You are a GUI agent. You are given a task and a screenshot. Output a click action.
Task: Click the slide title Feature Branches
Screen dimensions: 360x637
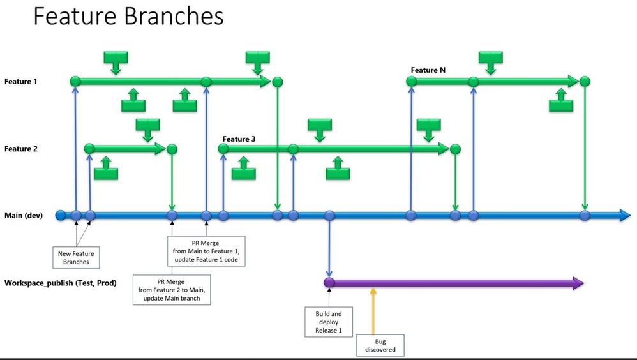coord(128,16)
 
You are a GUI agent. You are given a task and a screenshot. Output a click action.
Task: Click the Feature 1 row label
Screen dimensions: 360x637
coord(21,82)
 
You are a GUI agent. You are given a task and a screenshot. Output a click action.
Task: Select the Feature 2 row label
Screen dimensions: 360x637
coord(21,149)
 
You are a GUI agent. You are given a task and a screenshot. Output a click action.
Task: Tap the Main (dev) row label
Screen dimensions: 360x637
coord(24,215)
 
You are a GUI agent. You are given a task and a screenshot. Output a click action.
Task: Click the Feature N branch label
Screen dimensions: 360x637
coord(428,70)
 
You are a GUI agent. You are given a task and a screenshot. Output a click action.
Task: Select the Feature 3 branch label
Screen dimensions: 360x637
coord(239,139)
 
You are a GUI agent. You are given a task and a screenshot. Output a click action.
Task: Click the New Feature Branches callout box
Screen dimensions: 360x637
coord(77,257)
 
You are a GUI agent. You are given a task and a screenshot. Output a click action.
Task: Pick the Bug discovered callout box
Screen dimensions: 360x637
coord(380,345)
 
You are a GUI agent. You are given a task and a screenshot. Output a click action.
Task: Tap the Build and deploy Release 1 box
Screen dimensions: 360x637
coord(329,322)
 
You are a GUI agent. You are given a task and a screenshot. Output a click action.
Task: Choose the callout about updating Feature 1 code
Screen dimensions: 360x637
coord(206,251)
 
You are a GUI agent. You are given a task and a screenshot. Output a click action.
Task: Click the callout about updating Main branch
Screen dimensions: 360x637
coord(172,290)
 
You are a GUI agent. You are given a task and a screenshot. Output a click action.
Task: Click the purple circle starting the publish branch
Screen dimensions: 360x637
coord(329,283)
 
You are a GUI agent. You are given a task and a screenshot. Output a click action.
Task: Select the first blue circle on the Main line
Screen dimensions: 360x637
coord(61,215)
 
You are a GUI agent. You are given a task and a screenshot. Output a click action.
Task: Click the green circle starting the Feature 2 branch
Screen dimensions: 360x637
coord(89,149)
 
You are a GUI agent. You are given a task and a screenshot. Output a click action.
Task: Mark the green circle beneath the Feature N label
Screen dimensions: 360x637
coord(412,82)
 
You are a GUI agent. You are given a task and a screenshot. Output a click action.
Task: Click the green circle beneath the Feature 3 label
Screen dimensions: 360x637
coord(223,149)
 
